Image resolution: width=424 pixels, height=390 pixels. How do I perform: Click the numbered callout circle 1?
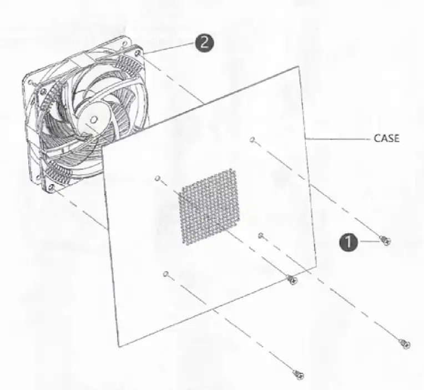(x=348, y=242)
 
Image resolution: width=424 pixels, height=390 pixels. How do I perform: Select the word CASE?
(x=386, y=138)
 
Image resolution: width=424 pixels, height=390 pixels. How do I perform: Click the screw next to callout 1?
(x=385, y=241)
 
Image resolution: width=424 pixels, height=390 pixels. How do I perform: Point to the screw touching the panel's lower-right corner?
(x=292, y=280)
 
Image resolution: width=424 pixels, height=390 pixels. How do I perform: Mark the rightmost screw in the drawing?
(x=405, y=344)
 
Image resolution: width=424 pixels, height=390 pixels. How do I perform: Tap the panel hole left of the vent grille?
(x=158, y=178)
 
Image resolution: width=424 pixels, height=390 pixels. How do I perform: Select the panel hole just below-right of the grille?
(x=260, y=235)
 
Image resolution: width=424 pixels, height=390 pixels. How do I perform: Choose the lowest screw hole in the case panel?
(x=165, y=273)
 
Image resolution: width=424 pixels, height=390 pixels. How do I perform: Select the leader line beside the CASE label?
(x=339, y=139)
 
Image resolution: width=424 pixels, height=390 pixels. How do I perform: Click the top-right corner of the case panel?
(x=298, y=67)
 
